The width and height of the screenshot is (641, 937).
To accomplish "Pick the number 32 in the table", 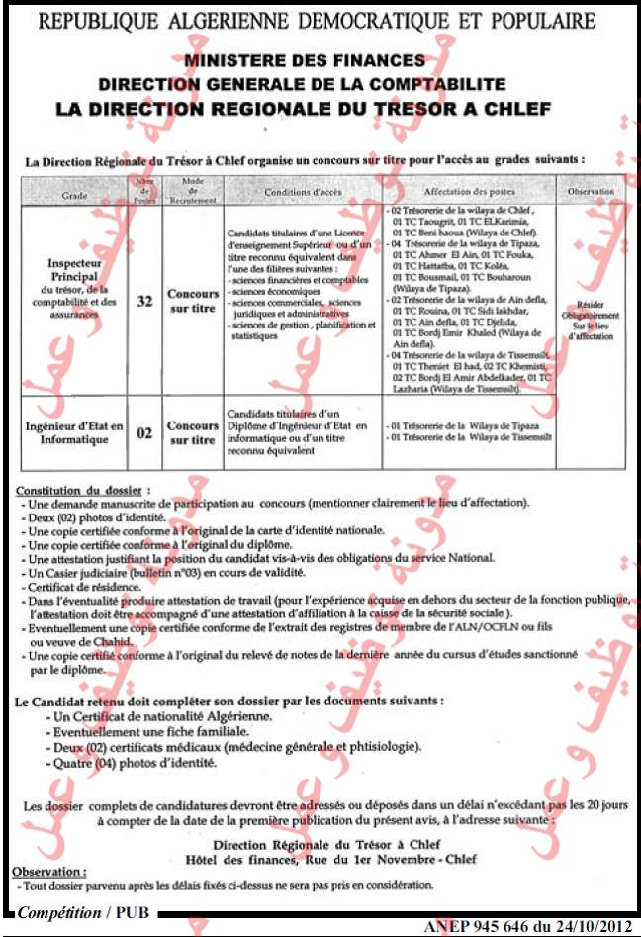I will click(144, 301).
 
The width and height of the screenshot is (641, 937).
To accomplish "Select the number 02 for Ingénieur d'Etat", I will click(144, 432).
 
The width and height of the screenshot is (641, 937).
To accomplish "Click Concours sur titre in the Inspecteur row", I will click(192, 301).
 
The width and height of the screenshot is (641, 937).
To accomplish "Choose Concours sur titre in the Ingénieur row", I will click(192, 432).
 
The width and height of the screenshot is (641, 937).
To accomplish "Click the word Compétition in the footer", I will click(60, 912).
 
